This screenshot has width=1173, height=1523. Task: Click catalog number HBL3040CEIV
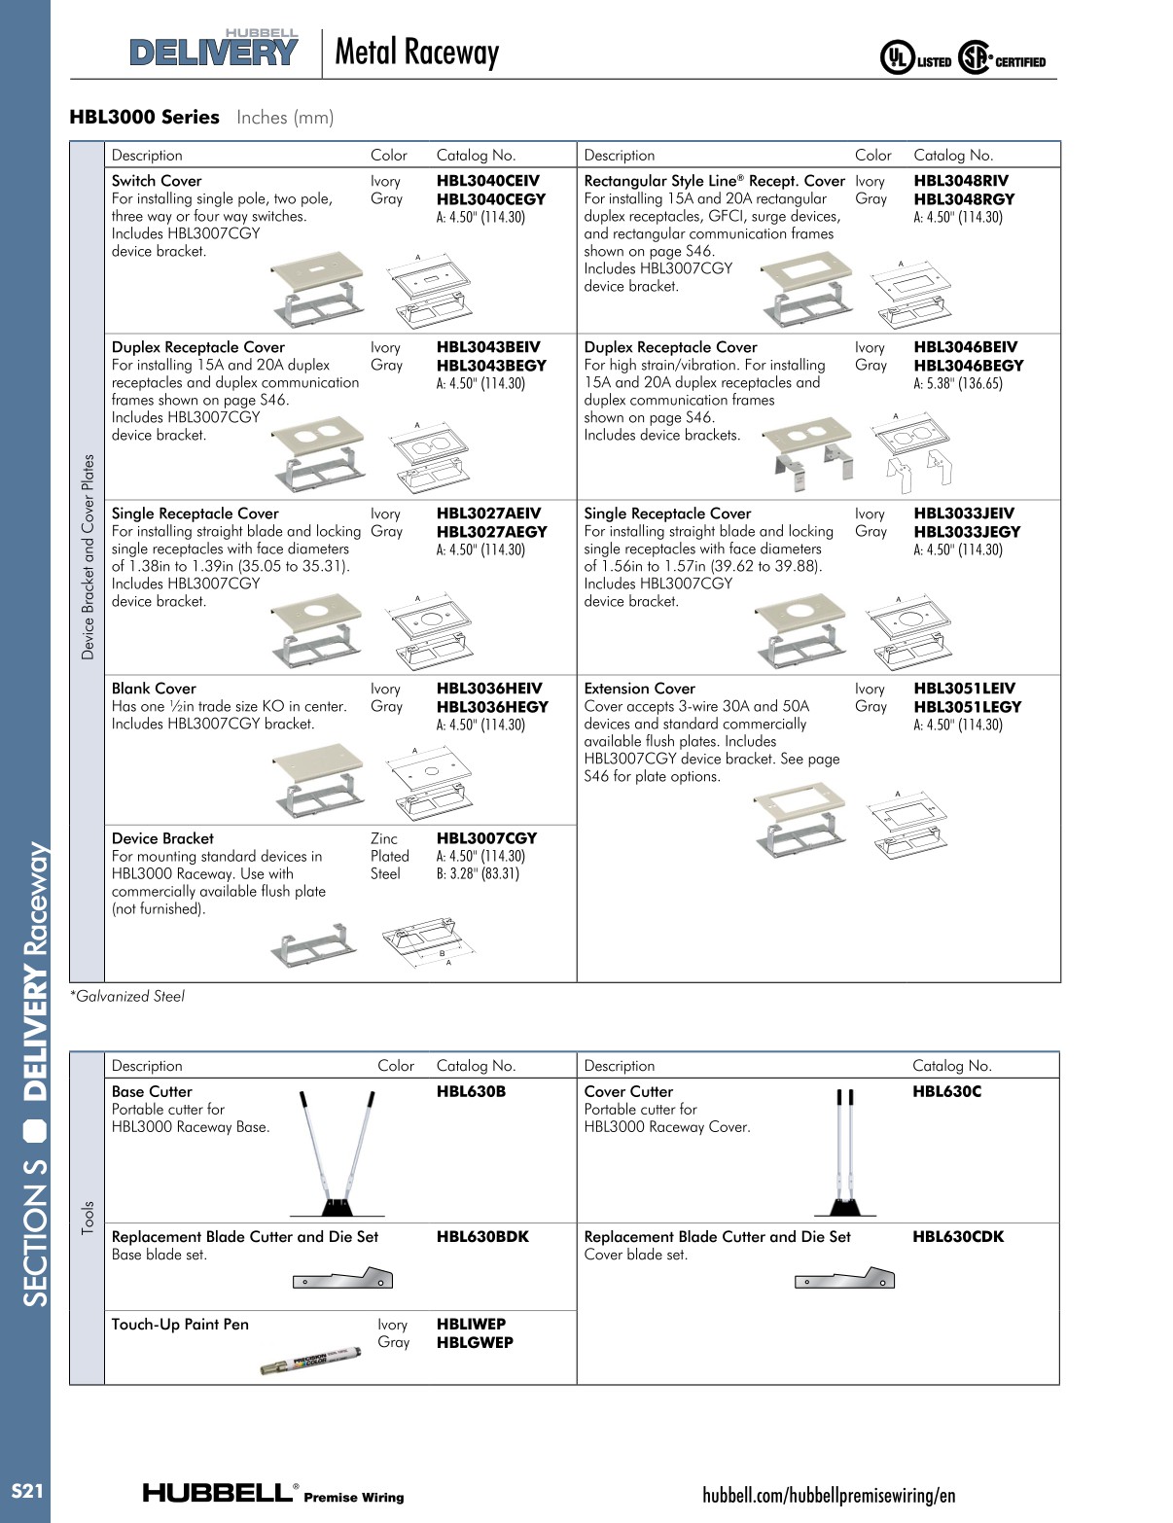coord(487,181)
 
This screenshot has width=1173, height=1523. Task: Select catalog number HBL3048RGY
coord(963,199)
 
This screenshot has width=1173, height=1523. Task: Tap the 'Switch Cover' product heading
coord(157,181)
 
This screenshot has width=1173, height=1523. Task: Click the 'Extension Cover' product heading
coord(639,689)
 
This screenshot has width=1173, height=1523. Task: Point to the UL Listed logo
coord(915,59)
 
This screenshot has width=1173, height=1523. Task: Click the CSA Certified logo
coord(1002,59)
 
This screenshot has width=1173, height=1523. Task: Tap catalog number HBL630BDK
coord(482,1237)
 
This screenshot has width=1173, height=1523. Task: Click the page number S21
coord(26,1491)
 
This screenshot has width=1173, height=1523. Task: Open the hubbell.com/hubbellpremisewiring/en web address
coord(829,1495)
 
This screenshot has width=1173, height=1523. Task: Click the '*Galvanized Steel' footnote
coord(126,997)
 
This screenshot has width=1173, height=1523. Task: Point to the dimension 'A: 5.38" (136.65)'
coord(957,384)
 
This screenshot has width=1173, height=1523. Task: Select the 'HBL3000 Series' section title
coord(144,118)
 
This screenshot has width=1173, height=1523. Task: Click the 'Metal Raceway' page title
coord(416,53)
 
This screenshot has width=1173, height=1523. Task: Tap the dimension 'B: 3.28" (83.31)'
coord(478,874)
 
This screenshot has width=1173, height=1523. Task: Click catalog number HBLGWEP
coord(475,1343)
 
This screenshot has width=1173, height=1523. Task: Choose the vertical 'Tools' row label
coord(88,1218)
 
